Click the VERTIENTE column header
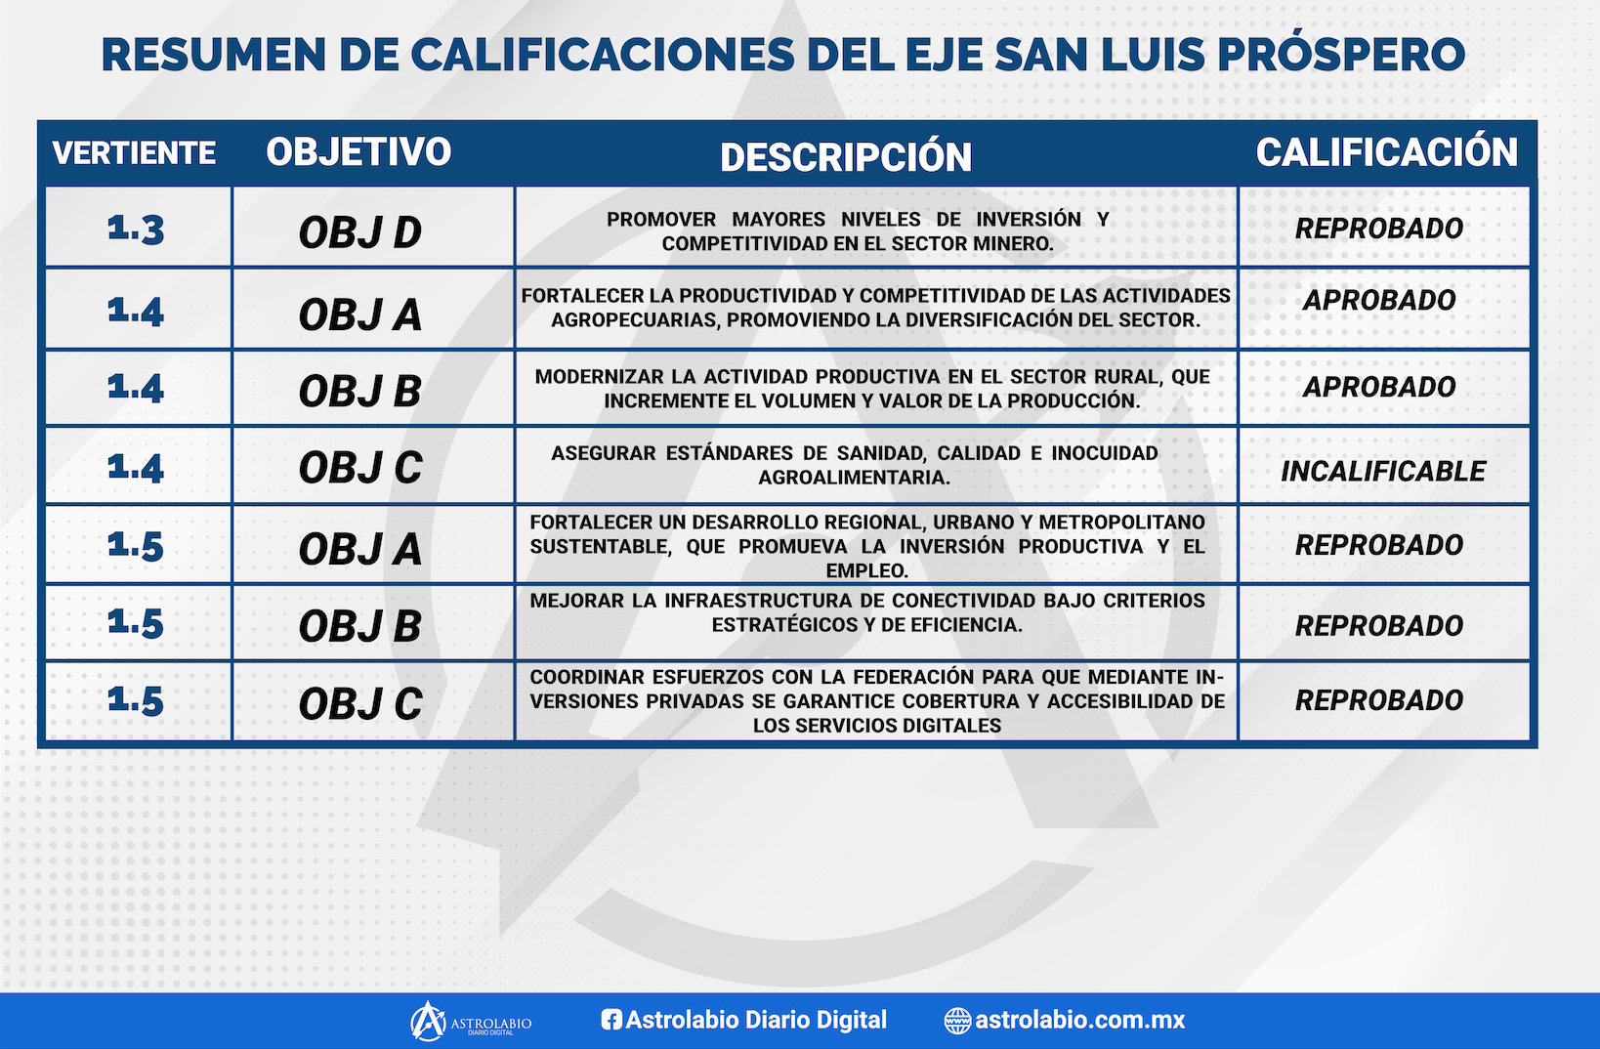tap(134, 152)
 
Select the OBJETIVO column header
tap(358, 151)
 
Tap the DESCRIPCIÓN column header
tap(846, 156)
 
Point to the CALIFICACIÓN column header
tap(1386, 152)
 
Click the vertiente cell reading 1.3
tap(136, 230)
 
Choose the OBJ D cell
tap(360, 232)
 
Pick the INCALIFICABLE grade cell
tap(1383, 472)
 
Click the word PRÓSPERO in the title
tap(1341, 55)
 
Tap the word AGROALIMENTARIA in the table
tap(855, 477)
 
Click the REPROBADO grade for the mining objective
tap(1379, 229)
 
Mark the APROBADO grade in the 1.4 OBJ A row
tap(1379, 300)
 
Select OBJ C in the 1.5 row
tap(360, 703)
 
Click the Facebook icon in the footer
tap(611, 1019)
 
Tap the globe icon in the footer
tap(957, 1021)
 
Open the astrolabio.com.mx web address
tap(1079, 1020)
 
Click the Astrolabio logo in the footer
tap(471, 1021)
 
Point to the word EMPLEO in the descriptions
tap(866, 570)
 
